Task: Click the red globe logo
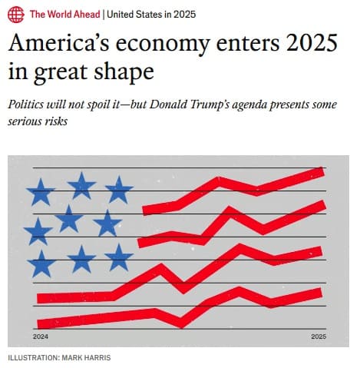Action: coord(15,15)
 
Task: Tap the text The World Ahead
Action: coord(64,15)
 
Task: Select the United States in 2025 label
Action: coord(151,15)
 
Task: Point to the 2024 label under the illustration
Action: coord(41,337)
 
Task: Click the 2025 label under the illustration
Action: coord(319,337)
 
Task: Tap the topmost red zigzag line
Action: coord(230,184)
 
